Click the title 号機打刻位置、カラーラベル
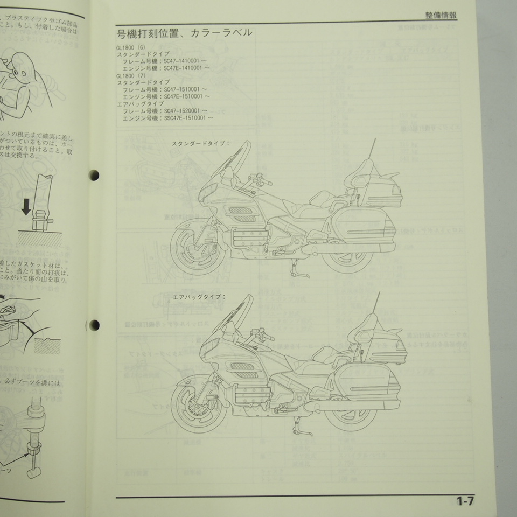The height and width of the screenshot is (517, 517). pos(184,34)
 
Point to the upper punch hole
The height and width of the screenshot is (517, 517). pos(95,175)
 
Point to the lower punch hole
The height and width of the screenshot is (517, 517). pos(95,324)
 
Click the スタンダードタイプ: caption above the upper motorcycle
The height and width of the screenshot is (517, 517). pos(201,144)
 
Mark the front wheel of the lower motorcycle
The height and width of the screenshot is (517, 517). pos(192,401)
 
